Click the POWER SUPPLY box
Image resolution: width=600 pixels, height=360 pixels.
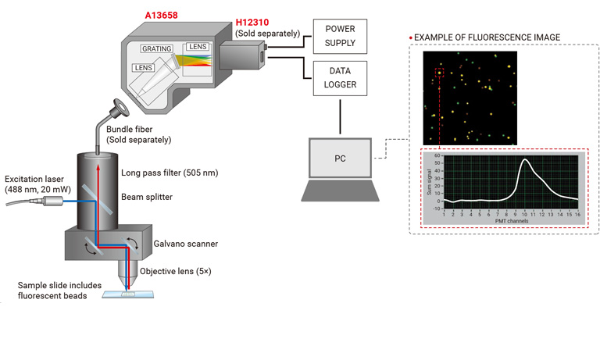tap(340, 36)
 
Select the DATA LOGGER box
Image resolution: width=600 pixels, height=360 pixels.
tap(340, 77)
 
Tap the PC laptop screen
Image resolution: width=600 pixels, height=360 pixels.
tap(340, 158)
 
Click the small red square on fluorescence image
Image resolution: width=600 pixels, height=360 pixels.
tap(440, 73)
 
